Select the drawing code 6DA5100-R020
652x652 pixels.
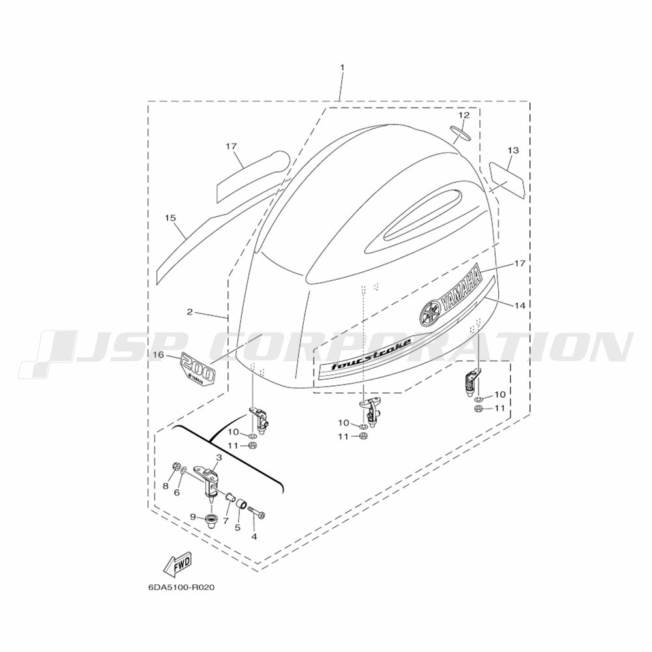(181, 587)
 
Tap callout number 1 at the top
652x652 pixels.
(342, 67)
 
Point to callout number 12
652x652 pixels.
(464, 115)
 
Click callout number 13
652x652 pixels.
(513, 150)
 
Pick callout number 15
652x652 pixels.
(170, 218)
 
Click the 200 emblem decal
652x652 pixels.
(198, 368)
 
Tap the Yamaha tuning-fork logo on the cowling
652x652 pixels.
(430, 313)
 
